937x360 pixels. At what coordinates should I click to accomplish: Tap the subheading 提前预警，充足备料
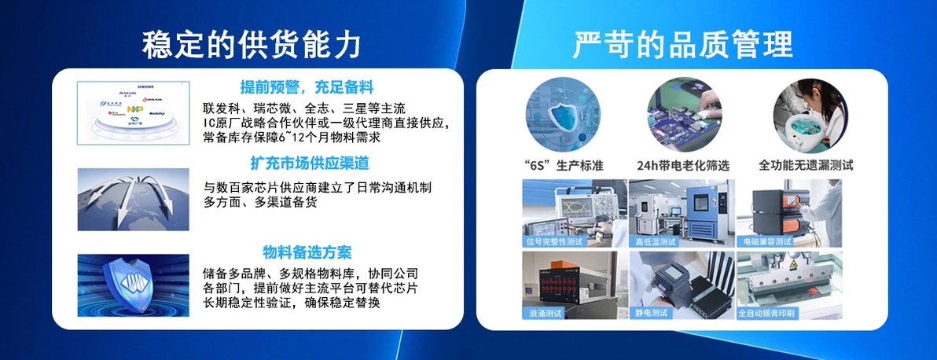pyautogui.click(x=307, y=86)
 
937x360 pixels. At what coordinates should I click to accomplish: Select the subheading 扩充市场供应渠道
pyautogui.click(x=309, y=163)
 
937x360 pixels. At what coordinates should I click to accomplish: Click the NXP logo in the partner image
pyautogui.click(x=136, y=107)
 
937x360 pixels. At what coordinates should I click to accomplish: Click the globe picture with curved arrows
pyautogui.click(x=133, y=200)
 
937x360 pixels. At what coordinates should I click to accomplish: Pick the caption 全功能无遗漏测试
pyautogui.click(x=806, y=166)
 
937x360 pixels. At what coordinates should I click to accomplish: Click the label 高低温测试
pyautogui.click(x=656, y=241)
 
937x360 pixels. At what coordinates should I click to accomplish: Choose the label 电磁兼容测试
pyautogui.click(x=768, y=241)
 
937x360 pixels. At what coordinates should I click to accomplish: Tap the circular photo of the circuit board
pyautogui.click(x=684, y=114)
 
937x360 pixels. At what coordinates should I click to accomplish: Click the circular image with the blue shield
pyautogui.click(x=563, y=114)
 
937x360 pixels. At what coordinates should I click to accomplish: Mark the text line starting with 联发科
pyautogui.click(x=304, y=108)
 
